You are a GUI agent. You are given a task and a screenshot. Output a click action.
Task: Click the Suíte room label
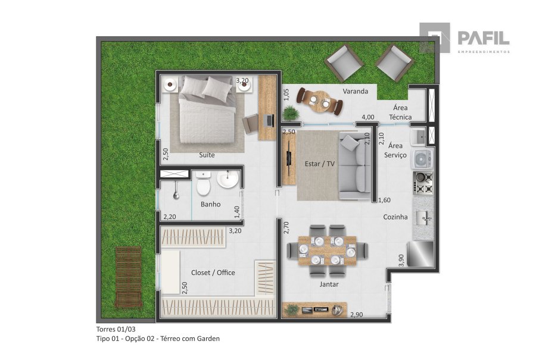click(x=207, y=155)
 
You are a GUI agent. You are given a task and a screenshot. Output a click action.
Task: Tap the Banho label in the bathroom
click(x=211, y=204)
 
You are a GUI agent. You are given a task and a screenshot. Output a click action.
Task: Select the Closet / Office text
click(x=213, y=273)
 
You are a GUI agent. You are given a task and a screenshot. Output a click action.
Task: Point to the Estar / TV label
click(x=320, y=164)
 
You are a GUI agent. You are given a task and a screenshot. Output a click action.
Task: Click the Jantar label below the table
click(x=329, y=284)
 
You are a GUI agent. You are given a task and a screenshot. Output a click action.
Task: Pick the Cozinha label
click(x=395, y=217)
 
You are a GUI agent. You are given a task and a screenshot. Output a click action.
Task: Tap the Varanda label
click(x=356, y=91)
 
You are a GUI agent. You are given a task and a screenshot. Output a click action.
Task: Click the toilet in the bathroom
click(x=204, y=183)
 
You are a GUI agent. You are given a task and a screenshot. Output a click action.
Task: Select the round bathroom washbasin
click(x=228, y=179)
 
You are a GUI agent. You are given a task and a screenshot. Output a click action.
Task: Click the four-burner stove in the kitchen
click(x=423, y=183)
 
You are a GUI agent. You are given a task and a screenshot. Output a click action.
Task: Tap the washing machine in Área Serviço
click(x=423, y=159)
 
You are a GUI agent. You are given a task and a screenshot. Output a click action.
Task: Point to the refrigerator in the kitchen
click(x=420, y=253)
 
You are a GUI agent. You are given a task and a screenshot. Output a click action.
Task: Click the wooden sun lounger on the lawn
click(x=129, y=277)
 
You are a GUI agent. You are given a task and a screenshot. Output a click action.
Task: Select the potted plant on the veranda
click(x=291, y=113)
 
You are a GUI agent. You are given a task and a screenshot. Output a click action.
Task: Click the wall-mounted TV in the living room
click(x=289, y=158)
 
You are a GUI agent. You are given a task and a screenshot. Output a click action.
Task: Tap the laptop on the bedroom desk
click(x=269, y=121)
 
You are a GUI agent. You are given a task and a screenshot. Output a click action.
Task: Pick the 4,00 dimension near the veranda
click(x=368, y=117)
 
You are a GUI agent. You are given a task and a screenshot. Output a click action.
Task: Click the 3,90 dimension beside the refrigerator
click(x=401, y=260)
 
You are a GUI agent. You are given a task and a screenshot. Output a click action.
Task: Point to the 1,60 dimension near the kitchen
click(x=384, y=200)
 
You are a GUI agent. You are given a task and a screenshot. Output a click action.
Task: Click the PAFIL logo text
click(x=484, y=38)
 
